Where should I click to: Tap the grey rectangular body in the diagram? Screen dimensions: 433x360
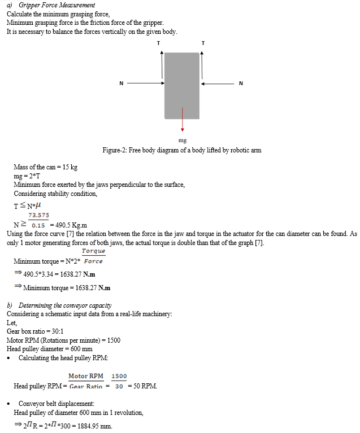(x=182, y=85)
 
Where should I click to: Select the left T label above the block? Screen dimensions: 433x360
(x=158, y=43)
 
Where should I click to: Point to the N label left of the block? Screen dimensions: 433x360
(x=121, y=84)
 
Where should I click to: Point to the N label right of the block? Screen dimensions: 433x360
(x=241, y=84)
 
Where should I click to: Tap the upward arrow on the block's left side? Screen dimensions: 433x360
(x=162, y=65)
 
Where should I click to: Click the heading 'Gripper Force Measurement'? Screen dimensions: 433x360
(x=57, y=5)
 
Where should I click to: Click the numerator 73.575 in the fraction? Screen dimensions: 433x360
(x=38, y=215)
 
